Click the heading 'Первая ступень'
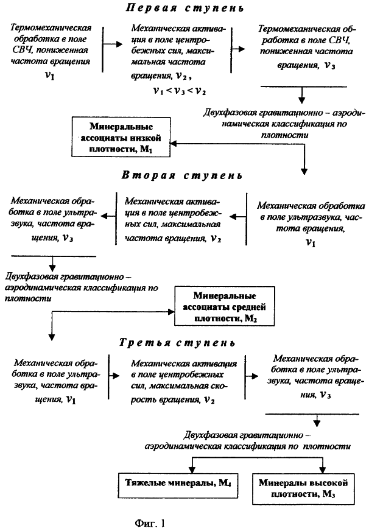185,7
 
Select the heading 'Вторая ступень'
182,175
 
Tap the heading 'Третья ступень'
177,342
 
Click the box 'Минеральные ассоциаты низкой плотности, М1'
121,137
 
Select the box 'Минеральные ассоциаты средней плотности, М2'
225,306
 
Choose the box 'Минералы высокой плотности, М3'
303,488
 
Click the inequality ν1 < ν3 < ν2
180,91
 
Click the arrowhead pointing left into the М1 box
174,144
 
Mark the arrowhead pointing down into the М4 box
192,469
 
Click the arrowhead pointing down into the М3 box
322,469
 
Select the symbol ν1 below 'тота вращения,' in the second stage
311,242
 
